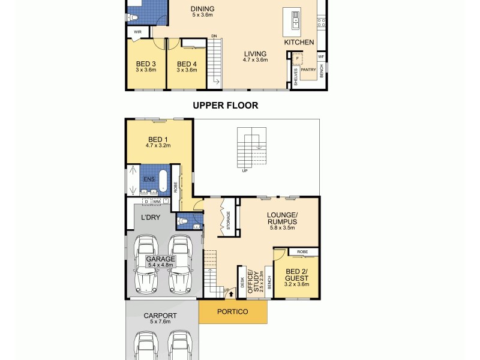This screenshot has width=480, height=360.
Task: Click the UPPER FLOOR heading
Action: click(x=225, y=106)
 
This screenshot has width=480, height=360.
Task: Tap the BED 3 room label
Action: click(x=146, y=64)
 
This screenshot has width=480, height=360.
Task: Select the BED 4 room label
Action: click(x=187, y=64)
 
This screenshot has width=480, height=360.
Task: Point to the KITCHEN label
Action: click(x=299, y=43)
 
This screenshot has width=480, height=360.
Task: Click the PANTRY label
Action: click(x=308, y=70)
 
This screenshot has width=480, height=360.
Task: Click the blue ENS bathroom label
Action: click(x=148, y=179)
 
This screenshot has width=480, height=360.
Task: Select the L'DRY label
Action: click(x=150, y=217)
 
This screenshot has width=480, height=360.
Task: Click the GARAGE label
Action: click(x=160, y=259)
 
